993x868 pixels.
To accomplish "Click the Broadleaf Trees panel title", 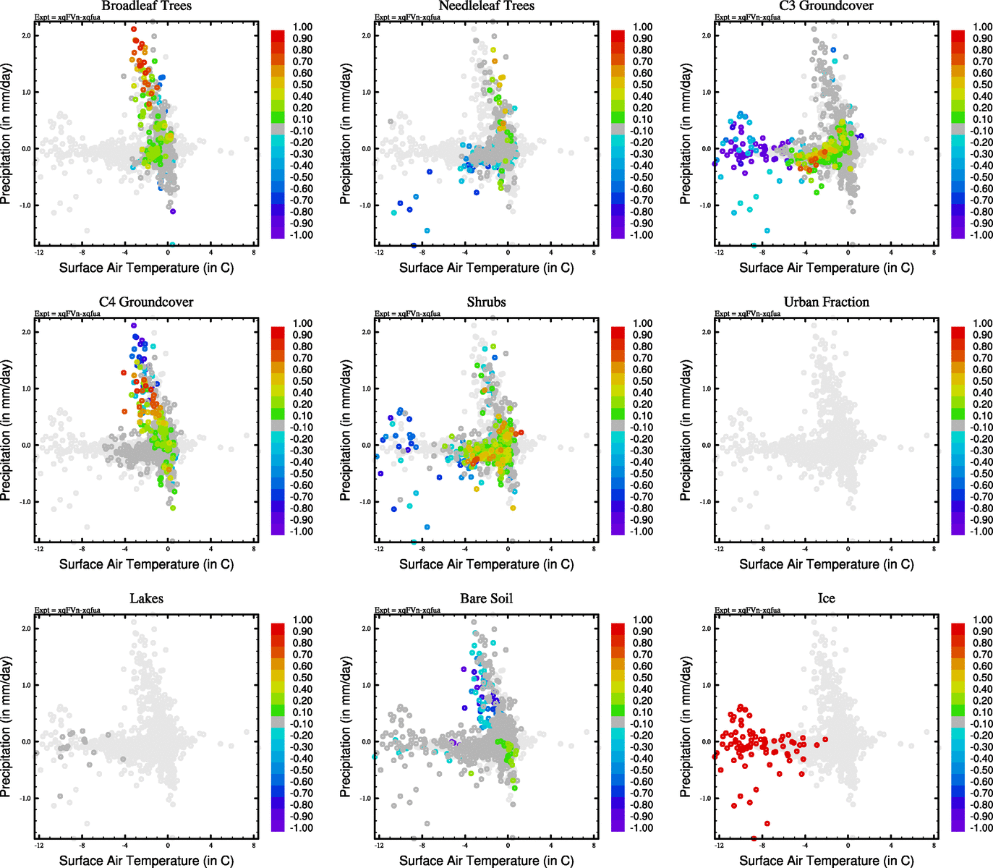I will (x=146, y=7).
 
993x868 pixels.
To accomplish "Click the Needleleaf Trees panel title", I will (x=486, y=7).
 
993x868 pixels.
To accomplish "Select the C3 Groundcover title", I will (x=826, y=7).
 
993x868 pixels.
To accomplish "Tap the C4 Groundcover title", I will (x=146, y=302).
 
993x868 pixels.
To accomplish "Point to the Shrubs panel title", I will (x=486, y=302).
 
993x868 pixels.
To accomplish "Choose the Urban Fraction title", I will (x=826, y=302).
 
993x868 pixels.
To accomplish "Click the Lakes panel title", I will (x=146, y=599).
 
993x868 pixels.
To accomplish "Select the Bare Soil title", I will (x=486, y=599).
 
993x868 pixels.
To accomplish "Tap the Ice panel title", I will (x=826, y=599).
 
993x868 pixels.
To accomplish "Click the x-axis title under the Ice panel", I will (x=826, y=861).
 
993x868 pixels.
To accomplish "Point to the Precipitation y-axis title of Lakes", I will (x=7, y=727).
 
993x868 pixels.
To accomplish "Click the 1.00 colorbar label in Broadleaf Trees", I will (x=302, y=27).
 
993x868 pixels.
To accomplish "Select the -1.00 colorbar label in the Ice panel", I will (x=981, y=828).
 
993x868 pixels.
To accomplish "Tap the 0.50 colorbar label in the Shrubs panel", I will (x=642, y=381).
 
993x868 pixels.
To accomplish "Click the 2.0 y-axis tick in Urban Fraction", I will (x=706, y=332).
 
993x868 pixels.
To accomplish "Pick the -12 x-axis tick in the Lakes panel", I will (x=38, y=845).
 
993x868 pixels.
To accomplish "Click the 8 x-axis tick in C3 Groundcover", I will (x=934, y=252).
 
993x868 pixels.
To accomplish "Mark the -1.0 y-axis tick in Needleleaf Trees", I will (x=366, y=205).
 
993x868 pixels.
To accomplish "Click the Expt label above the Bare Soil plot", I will (x=407, y=610).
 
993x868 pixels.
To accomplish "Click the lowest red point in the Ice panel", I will (x=754, y=838).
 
